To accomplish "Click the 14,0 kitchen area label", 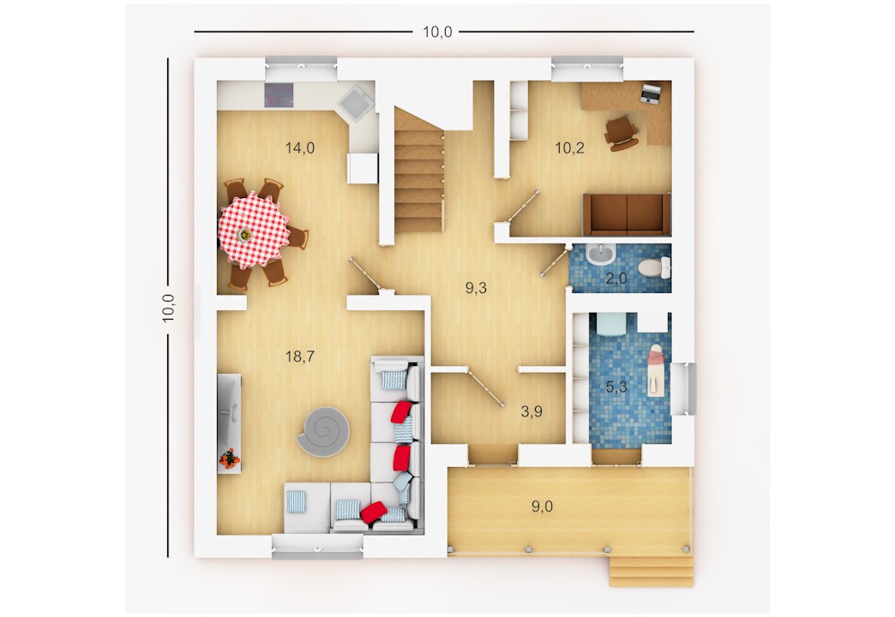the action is click(x=300, y=148).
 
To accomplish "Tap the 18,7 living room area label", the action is click(x=300, y=356).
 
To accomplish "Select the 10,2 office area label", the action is click(x=569, y=148).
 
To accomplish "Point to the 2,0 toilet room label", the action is click(x=616, y=279).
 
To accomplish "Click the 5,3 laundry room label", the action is click(x=616, y=387).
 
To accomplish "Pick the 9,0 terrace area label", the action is click(x=542, y=506).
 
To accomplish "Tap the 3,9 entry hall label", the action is click(x=532, y=411).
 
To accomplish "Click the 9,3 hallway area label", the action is click(x=476, y=288).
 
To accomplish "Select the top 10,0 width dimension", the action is click(x=437, y=32).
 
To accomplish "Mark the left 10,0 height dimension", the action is click(x=168, y=308).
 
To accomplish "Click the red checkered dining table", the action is click(x=254, y=230).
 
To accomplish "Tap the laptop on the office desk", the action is click(x=649, y=93).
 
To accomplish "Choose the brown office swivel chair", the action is click(x=621, y=133).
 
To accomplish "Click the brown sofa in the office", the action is click(x=626, y=214).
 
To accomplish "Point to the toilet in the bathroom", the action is click(x=654, y=267).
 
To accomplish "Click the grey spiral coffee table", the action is click(x=324, y=432).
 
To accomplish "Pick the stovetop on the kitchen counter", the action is click(x=279, y=95).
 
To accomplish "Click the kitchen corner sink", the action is click(x=355, y=103).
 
